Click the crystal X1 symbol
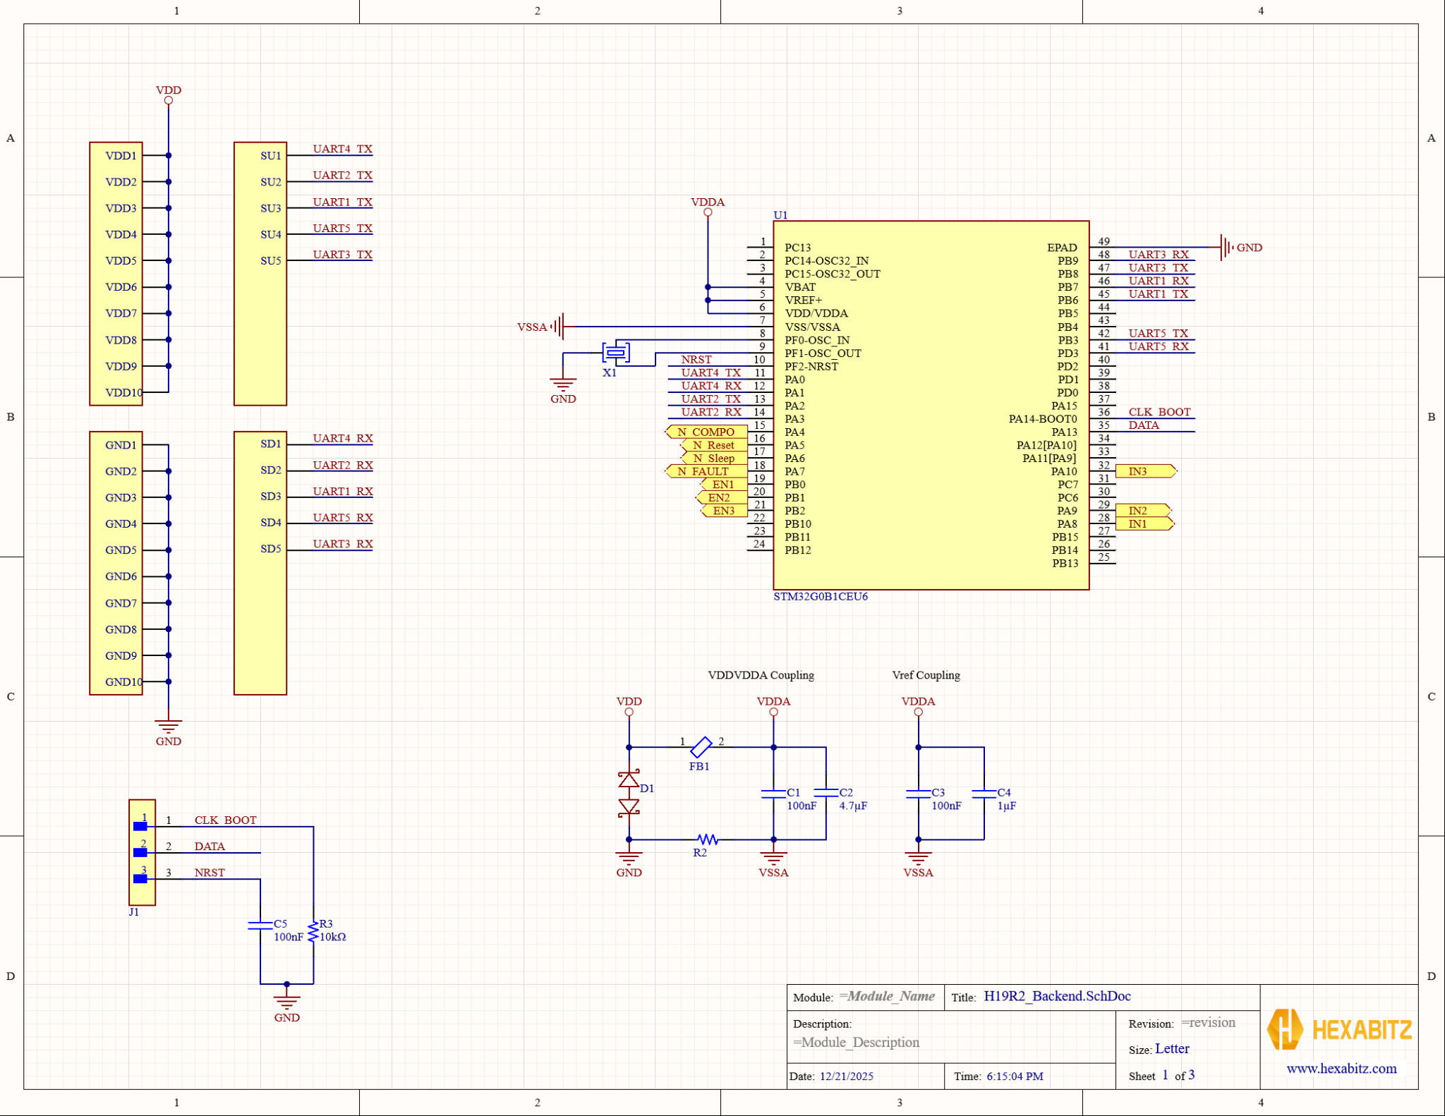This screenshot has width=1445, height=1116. tap(616, 352)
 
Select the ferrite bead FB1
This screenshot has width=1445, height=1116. tap(701, 747)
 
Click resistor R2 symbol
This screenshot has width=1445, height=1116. tap(708, 839)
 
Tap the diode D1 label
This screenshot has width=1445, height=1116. tap(647, 789)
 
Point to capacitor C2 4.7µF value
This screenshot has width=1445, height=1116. tap(853, 806)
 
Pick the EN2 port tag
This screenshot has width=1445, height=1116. tap(721, 497)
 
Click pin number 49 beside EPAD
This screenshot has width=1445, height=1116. tap(1104, 241)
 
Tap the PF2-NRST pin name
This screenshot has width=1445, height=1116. tap(811, 366)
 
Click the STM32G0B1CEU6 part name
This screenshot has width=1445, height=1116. tap(820, 596)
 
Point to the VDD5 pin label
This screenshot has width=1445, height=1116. tap(121, 260)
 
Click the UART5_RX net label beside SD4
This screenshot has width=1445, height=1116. tap(343, 517)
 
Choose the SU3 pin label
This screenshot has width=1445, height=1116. tap(270, 208)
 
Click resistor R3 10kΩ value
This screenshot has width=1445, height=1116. tap(333, 937)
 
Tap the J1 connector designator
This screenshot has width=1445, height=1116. tap(133, 912)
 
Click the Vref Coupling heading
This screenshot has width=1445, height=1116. tap(926, 675)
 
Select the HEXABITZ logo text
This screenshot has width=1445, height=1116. tap(1361, 1030)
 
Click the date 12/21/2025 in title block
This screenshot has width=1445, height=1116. tap(846, 1076)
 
